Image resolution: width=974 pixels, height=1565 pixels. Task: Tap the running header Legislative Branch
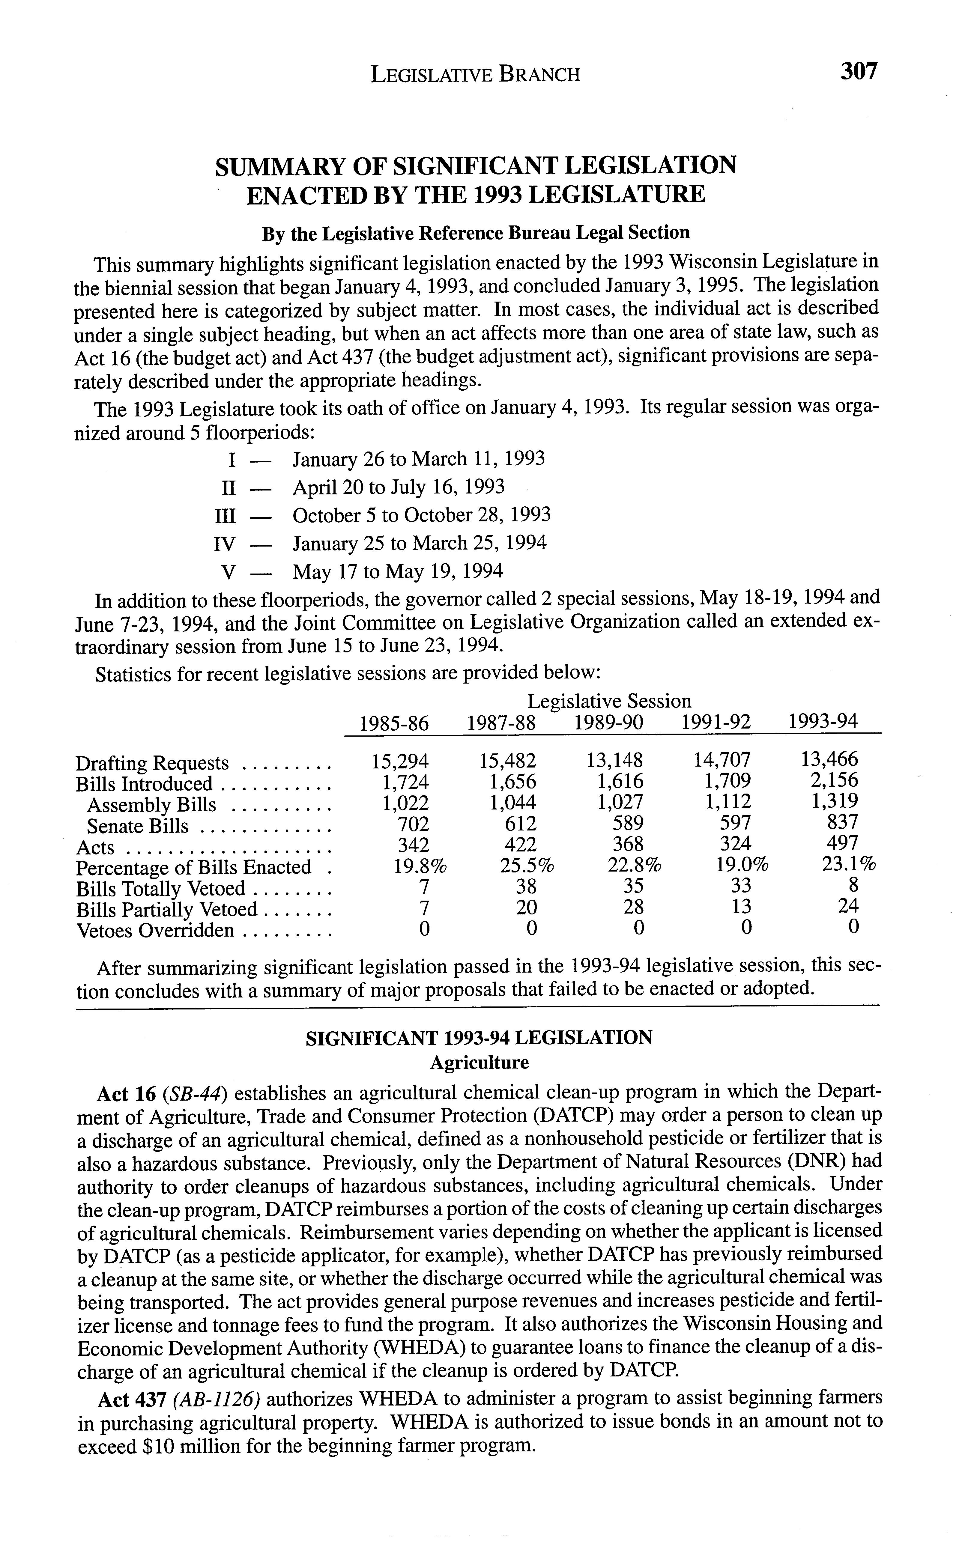(x=475, y=75)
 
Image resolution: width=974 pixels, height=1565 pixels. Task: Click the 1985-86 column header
(x=394, y=723)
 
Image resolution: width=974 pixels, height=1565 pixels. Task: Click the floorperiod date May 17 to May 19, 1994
(x=398, y=571)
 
